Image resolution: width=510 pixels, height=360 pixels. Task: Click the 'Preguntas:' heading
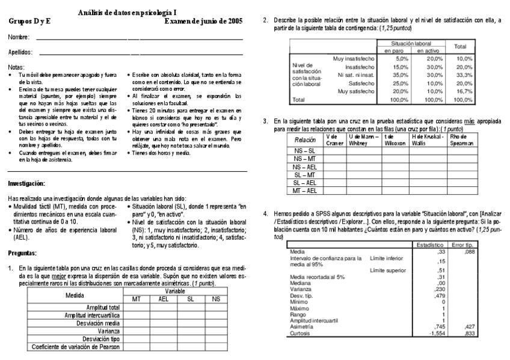pos(22,254)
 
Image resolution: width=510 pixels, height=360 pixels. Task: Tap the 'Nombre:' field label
pos(19,38)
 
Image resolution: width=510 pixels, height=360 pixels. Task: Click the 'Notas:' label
pos(17,67)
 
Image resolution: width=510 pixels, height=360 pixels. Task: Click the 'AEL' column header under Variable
pos(163,299)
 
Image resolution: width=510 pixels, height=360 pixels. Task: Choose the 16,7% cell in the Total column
pos(464,91)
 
